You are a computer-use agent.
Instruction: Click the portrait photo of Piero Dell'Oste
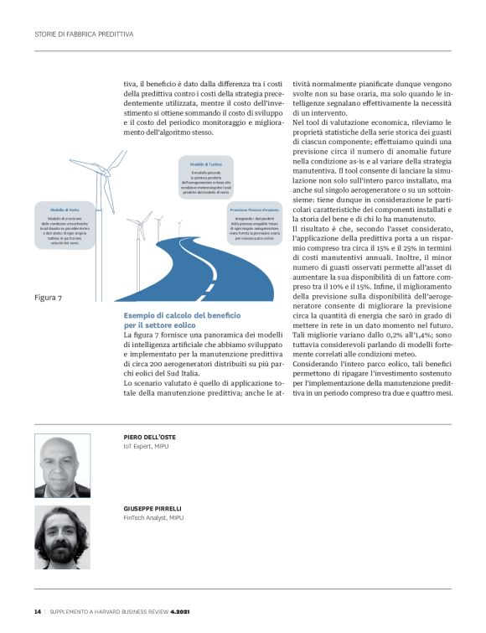tap(62, 466)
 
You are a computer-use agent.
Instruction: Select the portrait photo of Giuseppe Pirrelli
tap(62, 537)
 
